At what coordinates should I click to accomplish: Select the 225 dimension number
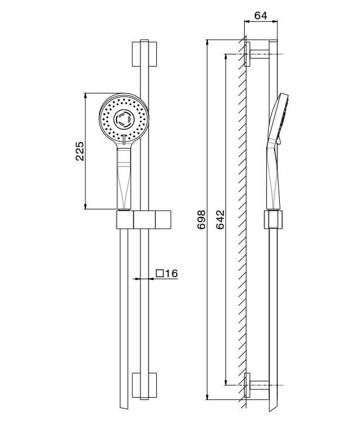tap(80, 151)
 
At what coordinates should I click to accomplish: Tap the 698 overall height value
tap(201, 220)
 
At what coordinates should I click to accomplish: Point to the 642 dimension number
tap(220, 220)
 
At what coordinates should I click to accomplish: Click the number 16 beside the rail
tap(171, 274)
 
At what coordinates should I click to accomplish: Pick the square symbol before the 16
tap(159, 274)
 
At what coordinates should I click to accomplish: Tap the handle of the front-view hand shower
tap(124, 178)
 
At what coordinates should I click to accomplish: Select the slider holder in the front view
tap(145, 220)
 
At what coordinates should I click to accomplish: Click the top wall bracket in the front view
tap(145, 54)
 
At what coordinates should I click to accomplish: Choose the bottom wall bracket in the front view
tap(145, 385)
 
